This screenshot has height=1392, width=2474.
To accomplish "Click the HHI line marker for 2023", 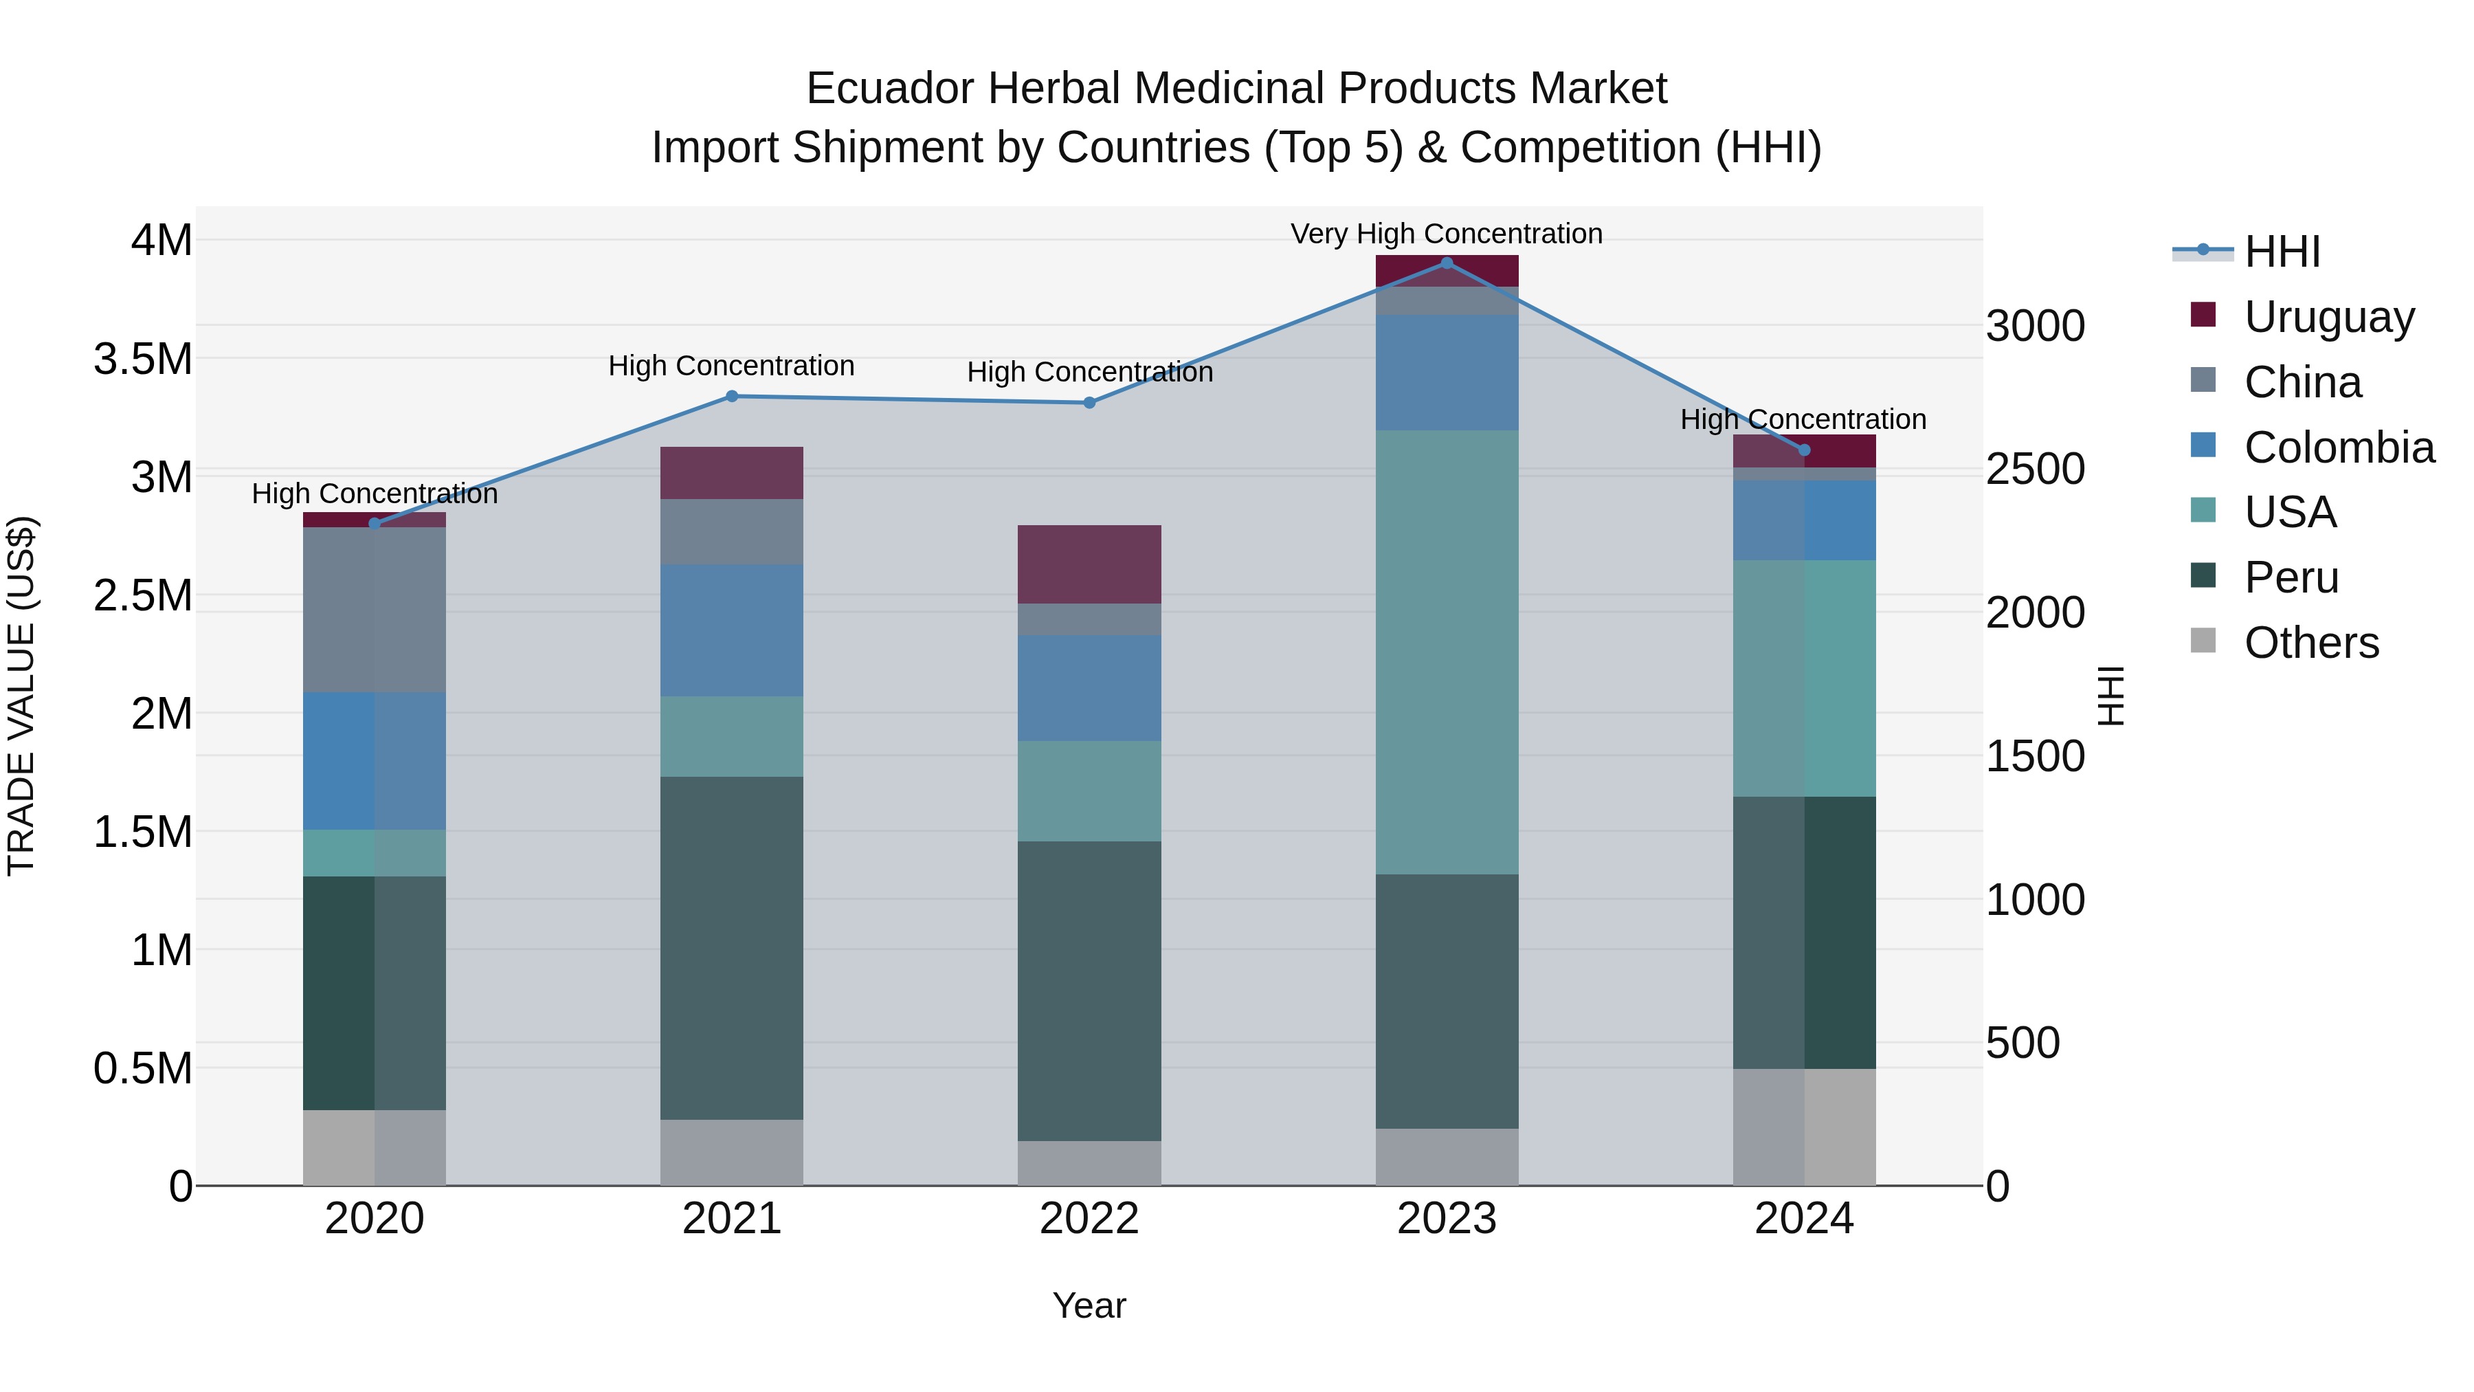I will tap(1447, 263).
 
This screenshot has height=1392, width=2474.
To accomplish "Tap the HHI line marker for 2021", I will tap(732, 396).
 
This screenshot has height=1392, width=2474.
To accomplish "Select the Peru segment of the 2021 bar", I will tap(732, 947).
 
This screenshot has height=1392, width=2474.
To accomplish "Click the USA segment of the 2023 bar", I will tap(1447, 652).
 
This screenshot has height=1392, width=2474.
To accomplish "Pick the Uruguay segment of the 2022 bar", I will tap(1089, 564).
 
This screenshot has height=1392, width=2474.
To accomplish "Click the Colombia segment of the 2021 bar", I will tap(732, 630).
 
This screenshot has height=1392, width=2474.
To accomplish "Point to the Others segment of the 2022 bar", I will tap(1089, 1162).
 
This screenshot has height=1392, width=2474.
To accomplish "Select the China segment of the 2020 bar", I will tap(375, 609).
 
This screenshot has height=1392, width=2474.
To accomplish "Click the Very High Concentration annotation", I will tap(1447, 234).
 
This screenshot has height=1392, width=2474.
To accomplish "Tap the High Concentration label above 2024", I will tap(1803, 420).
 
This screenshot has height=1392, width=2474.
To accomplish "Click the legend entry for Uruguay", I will tap(2328, 317).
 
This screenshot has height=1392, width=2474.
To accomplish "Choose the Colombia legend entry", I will tap(2338, 448).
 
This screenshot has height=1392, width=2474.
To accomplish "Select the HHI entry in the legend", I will tap(2282, 252).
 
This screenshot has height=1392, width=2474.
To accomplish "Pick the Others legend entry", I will tap(2310, 643).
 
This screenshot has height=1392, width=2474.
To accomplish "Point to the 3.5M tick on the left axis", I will tap(143, 360).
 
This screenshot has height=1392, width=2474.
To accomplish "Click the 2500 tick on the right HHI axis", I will tap(2035, 469).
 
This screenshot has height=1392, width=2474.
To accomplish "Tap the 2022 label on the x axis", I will tap(1089, 1219).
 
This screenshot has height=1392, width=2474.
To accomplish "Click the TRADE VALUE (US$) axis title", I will tap(21, 696).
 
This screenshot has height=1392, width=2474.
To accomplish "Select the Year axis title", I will tap(1089, 1305).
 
